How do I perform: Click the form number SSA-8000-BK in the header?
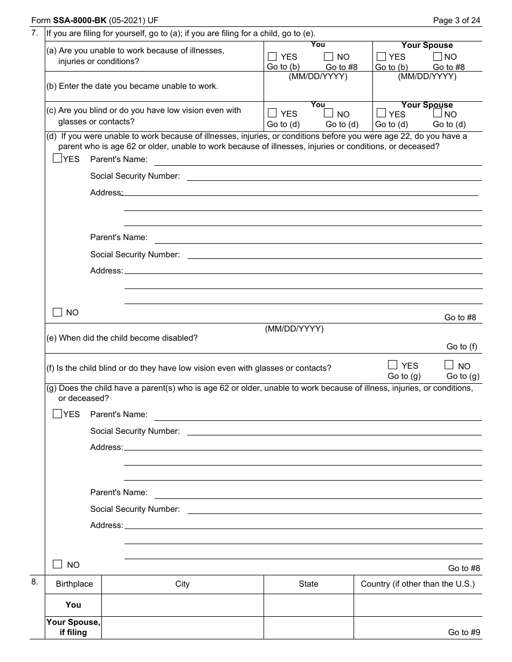[80, 21]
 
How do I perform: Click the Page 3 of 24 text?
[456, 21]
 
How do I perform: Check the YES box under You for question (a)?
[272, 57]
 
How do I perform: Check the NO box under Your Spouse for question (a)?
[438, 57]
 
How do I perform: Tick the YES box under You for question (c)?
[272, 113]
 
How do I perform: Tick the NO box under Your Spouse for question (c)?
[438, 114]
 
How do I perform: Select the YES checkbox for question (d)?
[57, 159]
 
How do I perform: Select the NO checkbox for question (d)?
[57, 312]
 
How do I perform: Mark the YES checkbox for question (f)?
[392, 365]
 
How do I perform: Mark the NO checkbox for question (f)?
[449, 365]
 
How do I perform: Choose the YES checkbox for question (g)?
[57, 414]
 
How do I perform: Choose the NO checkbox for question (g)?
[57, 564]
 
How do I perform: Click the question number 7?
[34, 33]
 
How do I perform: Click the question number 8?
[34, 582]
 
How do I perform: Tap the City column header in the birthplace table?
[182, 584]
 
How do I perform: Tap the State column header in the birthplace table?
[308, 584]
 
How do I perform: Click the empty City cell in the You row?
[182, 605]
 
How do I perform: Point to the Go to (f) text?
[462, 347]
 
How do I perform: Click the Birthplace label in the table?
[74, 584]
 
